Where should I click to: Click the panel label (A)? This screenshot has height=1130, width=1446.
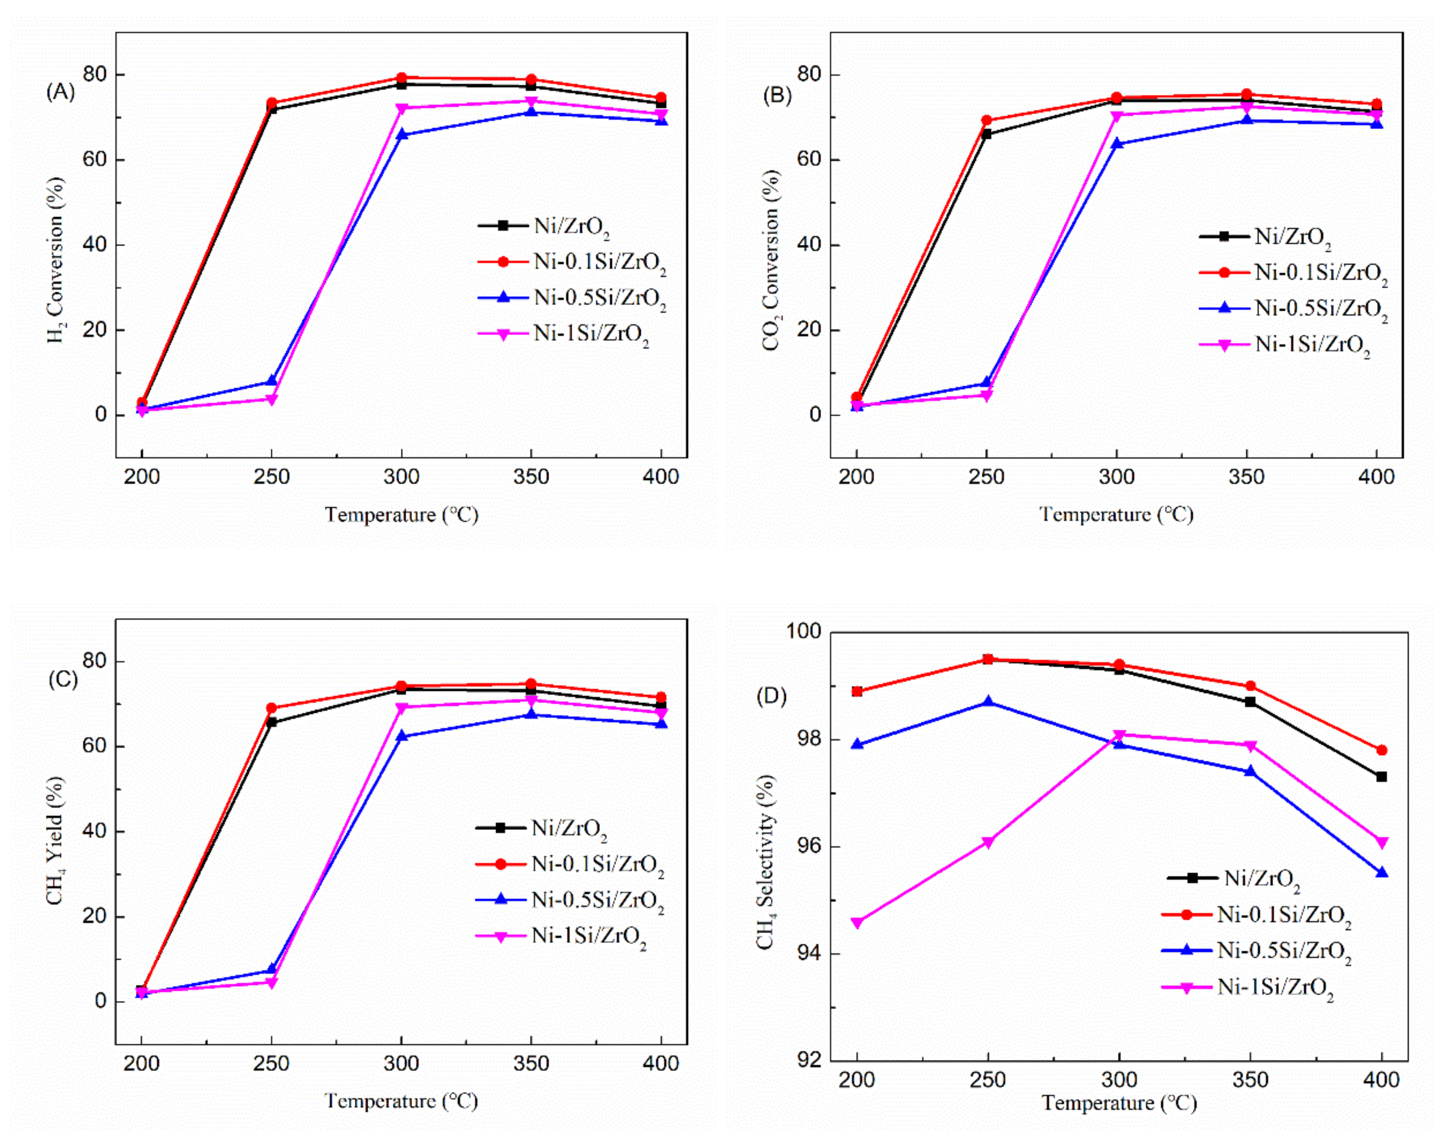click(60, 92)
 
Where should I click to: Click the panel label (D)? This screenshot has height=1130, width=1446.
click(771, 696)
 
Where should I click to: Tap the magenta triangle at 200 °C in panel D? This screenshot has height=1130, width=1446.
click(857, 923)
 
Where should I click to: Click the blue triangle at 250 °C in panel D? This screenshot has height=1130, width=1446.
click(988, 702)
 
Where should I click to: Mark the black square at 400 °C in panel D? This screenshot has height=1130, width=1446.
click(1382, 777)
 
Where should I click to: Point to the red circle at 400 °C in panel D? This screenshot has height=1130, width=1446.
click(1382, 751)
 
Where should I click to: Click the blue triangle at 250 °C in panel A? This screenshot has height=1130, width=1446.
click(272, 381)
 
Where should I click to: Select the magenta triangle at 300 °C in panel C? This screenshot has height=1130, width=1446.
click(401, 708)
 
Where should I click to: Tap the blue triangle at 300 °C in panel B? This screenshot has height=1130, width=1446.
click(1117, 143)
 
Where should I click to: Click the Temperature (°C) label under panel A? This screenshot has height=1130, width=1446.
click(401, 514)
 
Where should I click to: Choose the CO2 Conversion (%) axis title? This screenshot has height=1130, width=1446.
click(771, 259)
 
